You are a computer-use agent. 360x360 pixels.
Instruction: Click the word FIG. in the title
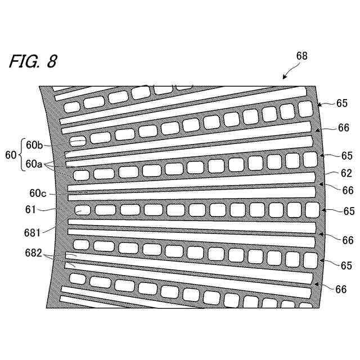24,61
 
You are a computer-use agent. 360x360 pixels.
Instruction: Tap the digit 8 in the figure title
51,61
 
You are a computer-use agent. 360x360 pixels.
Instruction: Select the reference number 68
301,56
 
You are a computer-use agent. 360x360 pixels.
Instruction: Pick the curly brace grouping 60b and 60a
20,154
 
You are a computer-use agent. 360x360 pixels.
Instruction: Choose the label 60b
33,146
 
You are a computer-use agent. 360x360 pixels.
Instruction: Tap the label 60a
33,164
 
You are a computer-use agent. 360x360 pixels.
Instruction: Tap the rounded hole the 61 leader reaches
82,210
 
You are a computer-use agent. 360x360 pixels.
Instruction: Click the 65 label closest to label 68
342,103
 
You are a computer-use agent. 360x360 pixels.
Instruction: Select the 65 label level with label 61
349,211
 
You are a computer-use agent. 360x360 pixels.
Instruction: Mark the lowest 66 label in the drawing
340,289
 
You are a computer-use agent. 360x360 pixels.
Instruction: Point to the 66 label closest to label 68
344,128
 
